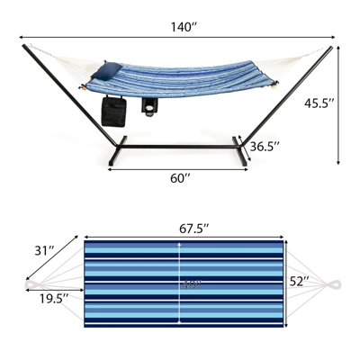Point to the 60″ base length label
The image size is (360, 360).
[x=180, y=178]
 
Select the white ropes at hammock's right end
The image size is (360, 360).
[x=301, y=58]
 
